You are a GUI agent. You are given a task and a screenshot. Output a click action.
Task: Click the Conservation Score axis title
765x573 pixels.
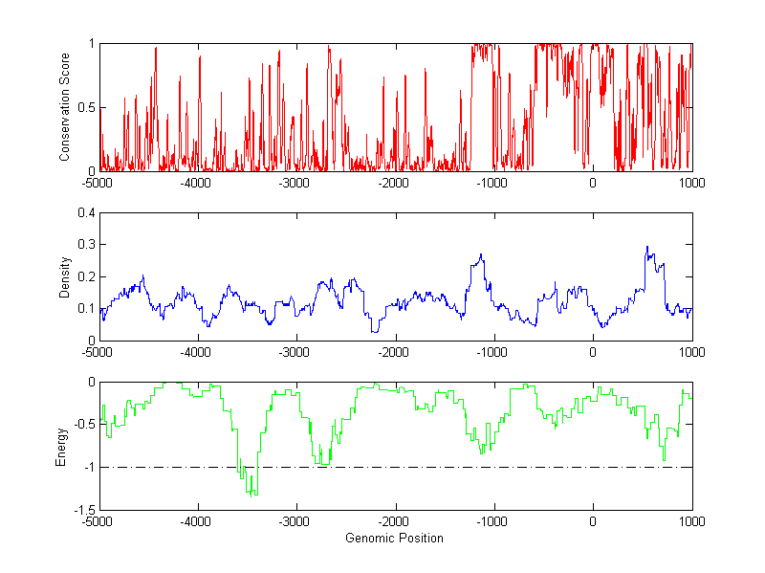(x=65, y=106)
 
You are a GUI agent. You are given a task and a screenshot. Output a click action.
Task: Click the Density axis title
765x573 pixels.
(x=65, y=276)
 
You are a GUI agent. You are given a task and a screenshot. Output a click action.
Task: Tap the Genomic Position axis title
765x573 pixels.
(x=394, y=538)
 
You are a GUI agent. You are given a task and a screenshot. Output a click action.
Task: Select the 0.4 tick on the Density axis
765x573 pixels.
(x=84, y=213)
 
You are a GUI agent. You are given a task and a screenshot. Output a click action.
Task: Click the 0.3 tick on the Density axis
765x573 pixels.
(x=84, y=245)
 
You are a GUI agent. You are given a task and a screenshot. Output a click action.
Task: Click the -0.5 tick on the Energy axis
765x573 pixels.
(x=82, y=425)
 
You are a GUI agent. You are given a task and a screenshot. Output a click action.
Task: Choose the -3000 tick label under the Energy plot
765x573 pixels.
(x=295, y=521)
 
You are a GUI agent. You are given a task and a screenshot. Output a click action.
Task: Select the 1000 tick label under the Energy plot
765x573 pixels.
(x=691, y=521)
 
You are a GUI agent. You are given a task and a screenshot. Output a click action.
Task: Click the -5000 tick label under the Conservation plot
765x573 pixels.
(x=98, y=182)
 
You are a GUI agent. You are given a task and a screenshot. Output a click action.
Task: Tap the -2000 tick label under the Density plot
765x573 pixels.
(x=394, y=351)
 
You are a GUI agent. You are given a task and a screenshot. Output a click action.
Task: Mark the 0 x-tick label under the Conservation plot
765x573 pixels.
(x=593, y=182)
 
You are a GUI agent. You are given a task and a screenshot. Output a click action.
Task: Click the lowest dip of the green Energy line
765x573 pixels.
(x=251, y=496)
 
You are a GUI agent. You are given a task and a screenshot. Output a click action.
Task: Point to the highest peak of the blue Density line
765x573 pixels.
(x=647, y=247)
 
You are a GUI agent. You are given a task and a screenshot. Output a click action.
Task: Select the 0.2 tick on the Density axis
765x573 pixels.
(x=84, y=276)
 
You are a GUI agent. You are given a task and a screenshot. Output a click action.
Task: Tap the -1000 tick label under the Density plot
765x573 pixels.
(x=492, y=351)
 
